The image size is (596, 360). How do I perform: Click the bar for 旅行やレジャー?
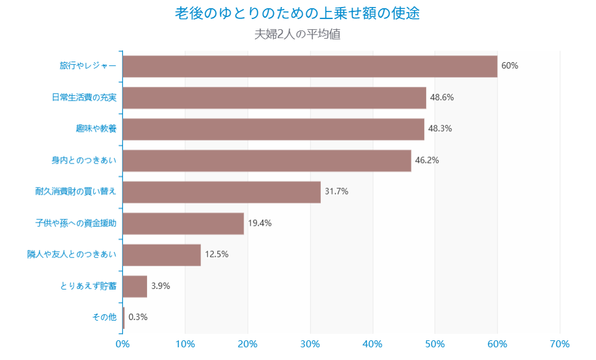(309, 66)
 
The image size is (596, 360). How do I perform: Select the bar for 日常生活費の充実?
(274, 98)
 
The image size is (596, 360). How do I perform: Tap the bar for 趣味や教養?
(273, 129)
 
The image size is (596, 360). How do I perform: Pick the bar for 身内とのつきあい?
(266, 160)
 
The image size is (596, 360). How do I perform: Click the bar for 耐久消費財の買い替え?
(221, 192)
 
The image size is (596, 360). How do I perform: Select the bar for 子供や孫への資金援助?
(183, 223)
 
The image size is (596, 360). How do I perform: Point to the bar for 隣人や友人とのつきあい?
(161, 255)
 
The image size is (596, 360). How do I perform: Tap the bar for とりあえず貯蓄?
(134, 286)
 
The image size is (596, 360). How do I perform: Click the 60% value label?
(510, 66)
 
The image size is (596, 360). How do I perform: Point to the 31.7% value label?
(337, 192)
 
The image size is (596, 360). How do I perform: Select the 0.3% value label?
(138, 318)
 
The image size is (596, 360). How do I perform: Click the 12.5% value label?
(216, 255)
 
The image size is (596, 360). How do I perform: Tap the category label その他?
(104, 318)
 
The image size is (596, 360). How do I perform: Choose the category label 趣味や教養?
(96, 129)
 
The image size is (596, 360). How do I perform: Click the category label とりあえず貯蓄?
(88, 286)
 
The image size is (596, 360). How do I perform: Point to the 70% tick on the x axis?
(560, 344)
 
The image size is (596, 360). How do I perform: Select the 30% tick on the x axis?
(310, 344)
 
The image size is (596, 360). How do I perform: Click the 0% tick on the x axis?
(122, 344)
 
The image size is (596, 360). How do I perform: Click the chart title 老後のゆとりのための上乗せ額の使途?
(297, 14)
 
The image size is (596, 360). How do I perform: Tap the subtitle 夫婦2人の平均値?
(297, 34)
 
